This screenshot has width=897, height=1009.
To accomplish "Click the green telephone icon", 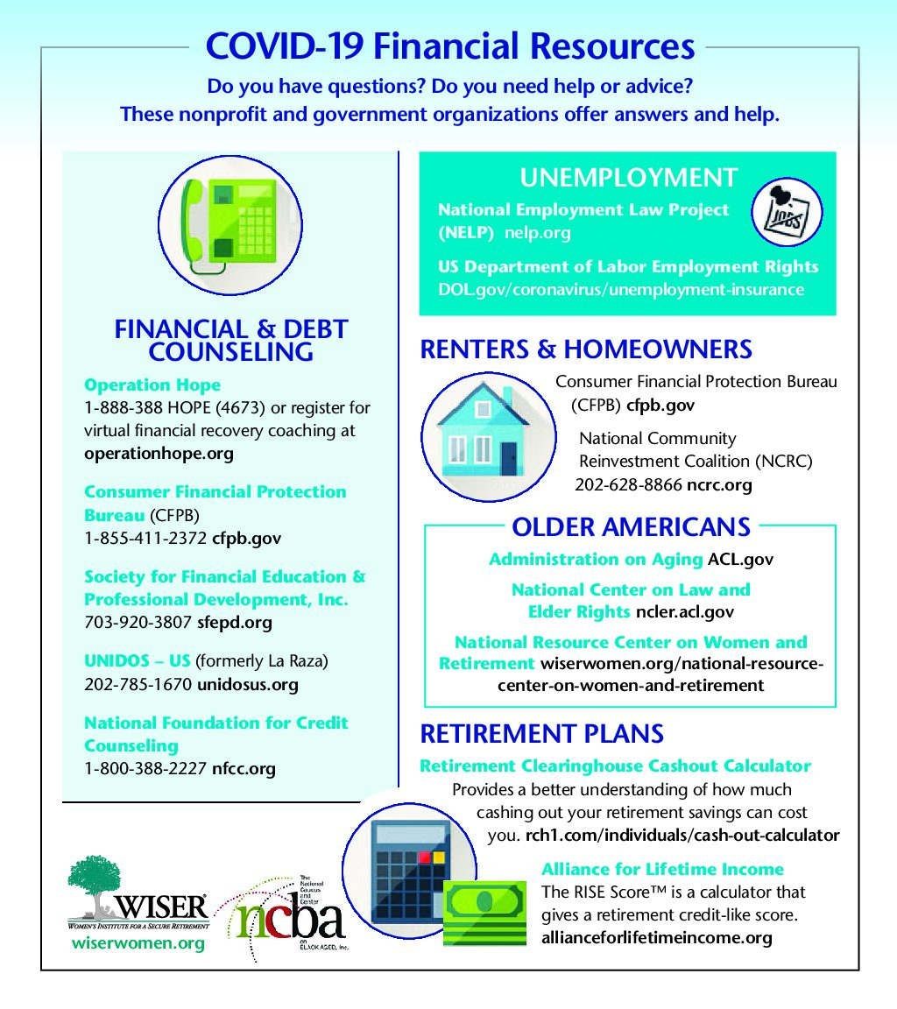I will [x=230, y=226].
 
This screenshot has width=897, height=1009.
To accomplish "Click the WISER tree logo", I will [x=137, y=898].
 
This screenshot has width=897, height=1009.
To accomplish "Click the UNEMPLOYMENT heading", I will [x=628, y=178].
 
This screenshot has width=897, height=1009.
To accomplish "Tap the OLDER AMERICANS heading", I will [x=631, y=526].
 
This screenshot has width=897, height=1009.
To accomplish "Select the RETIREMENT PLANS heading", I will [x=541, y=733].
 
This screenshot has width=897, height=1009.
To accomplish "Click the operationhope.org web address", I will [x=159, y=454].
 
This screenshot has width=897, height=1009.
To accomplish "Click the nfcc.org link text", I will [x=244, y=769].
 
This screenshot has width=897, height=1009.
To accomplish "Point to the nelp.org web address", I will [x=537, y=233].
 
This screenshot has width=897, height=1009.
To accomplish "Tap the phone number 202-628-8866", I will [x=628, y=484].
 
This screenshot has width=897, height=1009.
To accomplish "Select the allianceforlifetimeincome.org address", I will [x=657, y=938].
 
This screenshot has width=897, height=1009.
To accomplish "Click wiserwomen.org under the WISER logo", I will [x=138, y=943].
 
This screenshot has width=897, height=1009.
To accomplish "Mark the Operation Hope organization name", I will [x=152, y=385].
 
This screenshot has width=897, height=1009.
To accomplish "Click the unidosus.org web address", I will [x=248, y=684].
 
